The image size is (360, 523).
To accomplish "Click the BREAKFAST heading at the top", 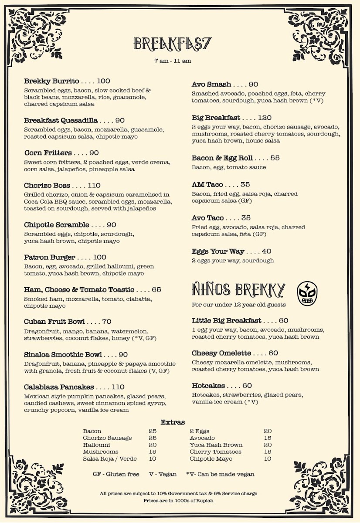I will pyautogui.click(x=173, y=44).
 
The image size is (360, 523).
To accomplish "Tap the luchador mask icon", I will pyautogui.click(x=307, y=293).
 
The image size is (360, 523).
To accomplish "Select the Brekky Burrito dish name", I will pyautogui.click(x=51, y=81).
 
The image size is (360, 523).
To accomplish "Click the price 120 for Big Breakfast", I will pyautogui.click(x=265, y=118).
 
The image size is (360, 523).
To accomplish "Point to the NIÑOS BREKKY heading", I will pyautogui.click(x=239, y=289).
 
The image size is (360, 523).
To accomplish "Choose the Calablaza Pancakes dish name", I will pyautogui.click(x=59, y=387).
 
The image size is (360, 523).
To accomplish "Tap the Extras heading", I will pyautogui.click(x=173, y=422).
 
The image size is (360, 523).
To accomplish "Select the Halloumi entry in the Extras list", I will pyautogui.click(x=96, y=445).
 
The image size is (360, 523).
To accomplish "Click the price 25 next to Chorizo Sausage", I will pyautogui.click(x=153, y=438).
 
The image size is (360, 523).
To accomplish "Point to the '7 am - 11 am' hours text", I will pyautogui.click(x=173, y=61).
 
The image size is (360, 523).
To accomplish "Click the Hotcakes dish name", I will pyautogui.click(x=208, y=386).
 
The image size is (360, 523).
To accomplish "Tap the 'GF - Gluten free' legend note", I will pyautogui.click(x=116, y=474).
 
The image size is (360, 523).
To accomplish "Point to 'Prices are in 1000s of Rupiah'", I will pyautogui.click(x=178, y=501).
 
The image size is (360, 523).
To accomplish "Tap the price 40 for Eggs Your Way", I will pyautogui.click(x=266, y=251).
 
